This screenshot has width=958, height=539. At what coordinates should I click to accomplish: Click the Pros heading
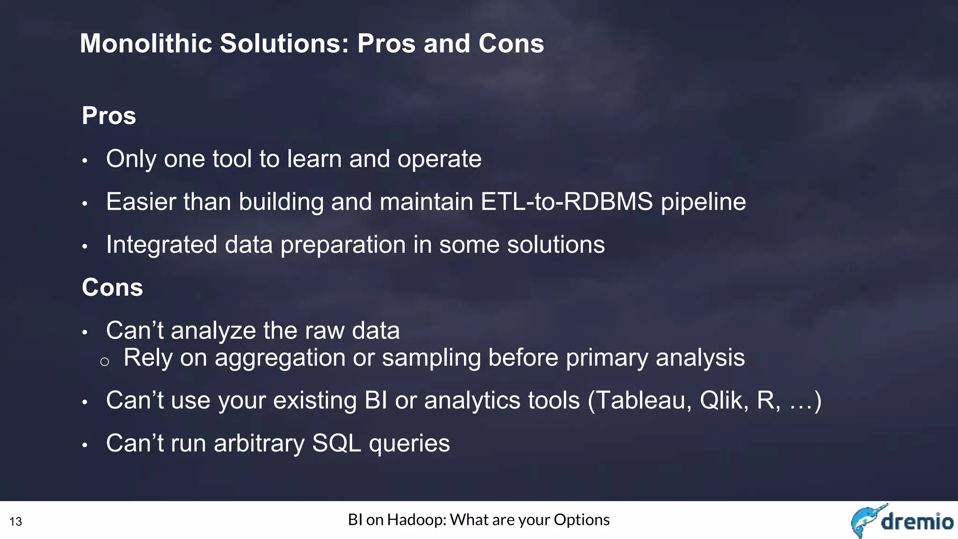click(109, 116)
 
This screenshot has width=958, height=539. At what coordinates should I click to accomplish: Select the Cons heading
click(112, 287)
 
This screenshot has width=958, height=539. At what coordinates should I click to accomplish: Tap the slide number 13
click(16, 522)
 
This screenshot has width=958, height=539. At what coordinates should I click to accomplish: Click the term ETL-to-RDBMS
click(566, 202)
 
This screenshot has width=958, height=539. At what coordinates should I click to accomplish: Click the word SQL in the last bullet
click(336, 443)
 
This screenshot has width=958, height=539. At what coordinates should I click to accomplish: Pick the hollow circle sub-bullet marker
click(105, 362)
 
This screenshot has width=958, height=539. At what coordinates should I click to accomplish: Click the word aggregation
click(280, 358)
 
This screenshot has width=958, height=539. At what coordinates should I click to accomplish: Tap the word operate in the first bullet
click(439, 160)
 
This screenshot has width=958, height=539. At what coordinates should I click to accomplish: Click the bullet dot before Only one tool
click(85, 161)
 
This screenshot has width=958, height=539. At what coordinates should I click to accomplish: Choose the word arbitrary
click(259, 444)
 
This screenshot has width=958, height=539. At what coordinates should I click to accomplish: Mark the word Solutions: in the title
click(284, 44)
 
